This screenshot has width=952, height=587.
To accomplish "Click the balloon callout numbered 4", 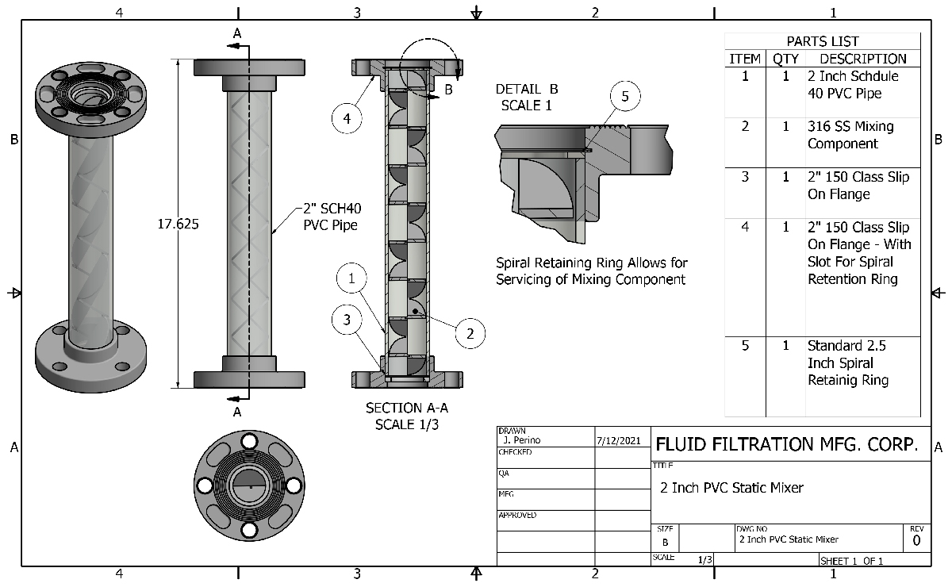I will [x=347, y=119].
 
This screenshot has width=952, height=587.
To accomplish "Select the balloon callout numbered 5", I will [x=625, y=97].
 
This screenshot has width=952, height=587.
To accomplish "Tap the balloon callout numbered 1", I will [x=351, y=278].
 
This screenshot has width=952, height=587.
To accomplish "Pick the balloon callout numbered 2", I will [x=470, y=334].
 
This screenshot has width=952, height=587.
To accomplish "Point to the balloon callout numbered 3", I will [x=347, y=320].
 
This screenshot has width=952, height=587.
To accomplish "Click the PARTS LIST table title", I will [x=823, y=41].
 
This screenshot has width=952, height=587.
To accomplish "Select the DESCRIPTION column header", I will [x=863, y=59].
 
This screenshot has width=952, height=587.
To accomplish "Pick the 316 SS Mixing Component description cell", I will [x=850, y=135].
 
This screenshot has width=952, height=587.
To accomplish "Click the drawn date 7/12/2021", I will [x=617, y=439].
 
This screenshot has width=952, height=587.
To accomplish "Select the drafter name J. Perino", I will [x=520, y=439].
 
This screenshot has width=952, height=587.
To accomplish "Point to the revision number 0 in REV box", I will [x=916, y=541].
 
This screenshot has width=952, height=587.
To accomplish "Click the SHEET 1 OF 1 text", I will [x=850, y=561].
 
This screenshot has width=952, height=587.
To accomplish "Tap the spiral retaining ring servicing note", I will [x=592, y=270].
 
